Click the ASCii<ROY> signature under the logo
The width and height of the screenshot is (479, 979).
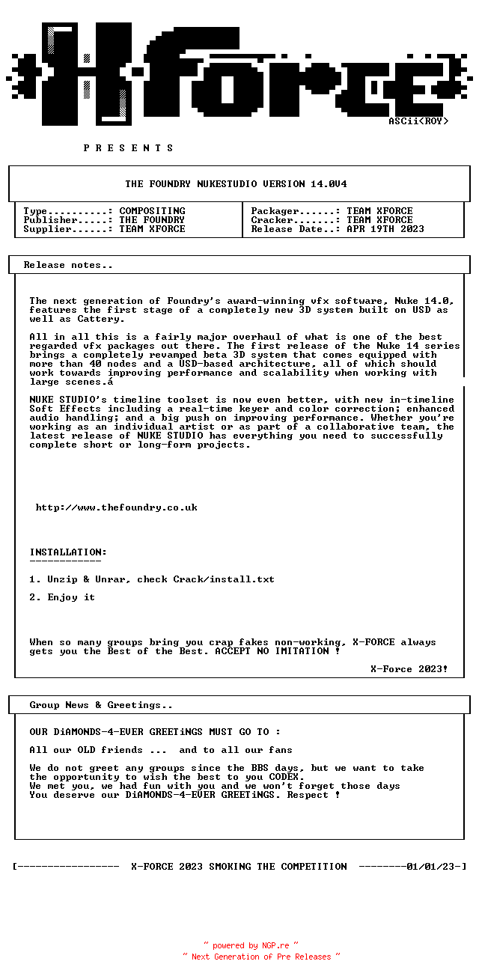pos(418,121)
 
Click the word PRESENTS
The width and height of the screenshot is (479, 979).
pos(129,148)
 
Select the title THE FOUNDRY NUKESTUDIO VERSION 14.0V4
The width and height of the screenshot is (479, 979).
pos(236,184)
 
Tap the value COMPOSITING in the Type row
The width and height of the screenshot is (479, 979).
pos(152,211)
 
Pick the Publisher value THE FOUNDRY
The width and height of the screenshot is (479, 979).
pos(152,220)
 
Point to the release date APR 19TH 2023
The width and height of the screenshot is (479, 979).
pos(385,229)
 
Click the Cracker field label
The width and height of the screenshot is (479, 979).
pos(272,220)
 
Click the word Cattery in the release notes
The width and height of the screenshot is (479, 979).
pos(98,319)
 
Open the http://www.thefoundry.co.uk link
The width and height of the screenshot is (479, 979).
pos(117,507)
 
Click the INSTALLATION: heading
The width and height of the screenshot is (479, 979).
pos(68,552)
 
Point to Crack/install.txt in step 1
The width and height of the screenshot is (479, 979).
pos(224,579)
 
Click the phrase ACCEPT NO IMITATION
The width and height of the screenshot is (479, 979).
pos(272,651)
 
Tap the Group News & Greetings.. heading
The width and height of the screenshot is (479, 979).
pos(101,705)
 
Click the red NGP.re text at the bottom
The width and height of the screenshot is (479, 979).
pos(275,946)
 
